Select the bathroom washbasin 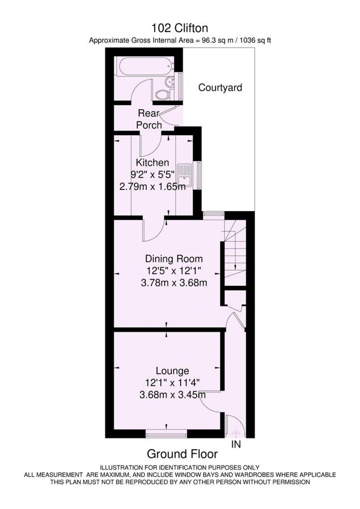click(170, 82)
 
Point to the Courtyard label click(220, 88)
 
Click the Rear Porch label click(149, 119)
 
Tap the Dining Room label click(174, 259)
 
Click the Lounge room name click(172, 371)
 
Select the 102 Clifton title click(180, 28)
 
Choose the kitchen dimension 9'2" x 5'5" click(152, 175)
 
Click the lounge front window click(166, 435)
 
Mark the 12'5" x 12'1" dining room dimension click(174, 271)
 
